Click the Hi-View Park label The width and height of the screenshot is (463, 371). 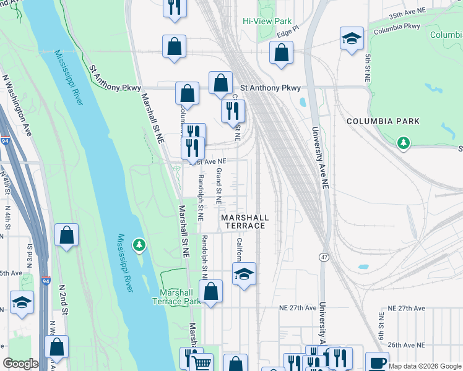click(266, 20)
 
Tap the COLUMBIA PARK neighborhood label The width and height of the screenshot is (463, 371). click(383, 121)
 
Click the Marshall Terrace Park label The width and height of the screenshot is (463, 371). click(180, 297)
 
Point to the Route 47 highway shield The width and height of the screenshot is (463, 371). click(324, 256)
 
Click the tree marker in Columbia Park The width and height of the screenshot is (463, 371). click(404, 143)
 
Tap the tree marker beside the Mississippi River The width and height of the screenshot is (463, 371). click(140, 245)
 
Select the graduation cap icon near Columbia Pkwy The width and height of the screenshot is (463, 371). click(352, 38)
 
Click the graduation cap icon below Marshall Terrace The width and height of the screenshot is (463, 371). click(244, 273)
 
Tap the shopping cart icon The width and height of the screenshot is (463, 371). click(202, 363)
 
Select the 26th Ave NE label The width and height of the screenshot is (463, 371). click(405, 344)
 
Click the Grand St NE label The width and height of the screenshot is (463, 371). click(219, 186)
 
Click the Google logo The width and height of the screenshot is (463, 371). click(20, 364)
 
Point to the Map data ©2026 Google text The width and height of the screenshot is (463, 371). click(424, 366)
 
